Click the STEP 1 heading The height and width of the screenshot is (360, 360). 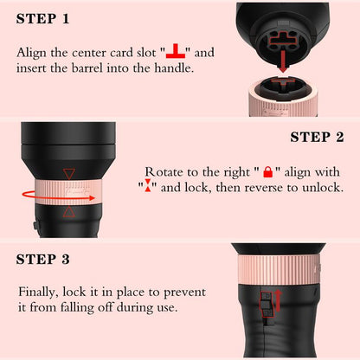[x=42, y=19]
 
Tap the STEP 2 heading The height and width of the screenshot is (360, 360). [x=317, y=137]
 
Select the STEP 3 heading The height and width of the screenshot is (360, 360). [x=42, y=259]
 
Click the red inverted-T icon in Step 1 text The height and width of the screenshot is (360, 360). [x=176, y=51]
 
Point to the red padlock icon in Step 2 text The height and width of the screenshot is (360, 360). [x=268, y=172]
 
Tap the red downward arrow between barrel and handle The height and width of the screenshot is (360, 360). [x=283, y=61]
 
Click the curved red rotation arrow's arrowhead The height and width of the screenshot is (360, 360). [x=92, y=198]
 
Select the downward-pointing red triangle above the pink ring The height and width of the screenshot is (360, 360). [x=69, y=174]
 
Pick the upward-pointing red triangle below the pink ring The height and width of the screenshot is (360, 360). [x=69, y=212]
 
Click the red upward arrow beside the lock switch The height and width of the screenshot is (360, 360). [x=279, y=301]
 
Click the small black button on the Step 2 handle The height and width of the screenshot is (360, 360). [x=35, y=226]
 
